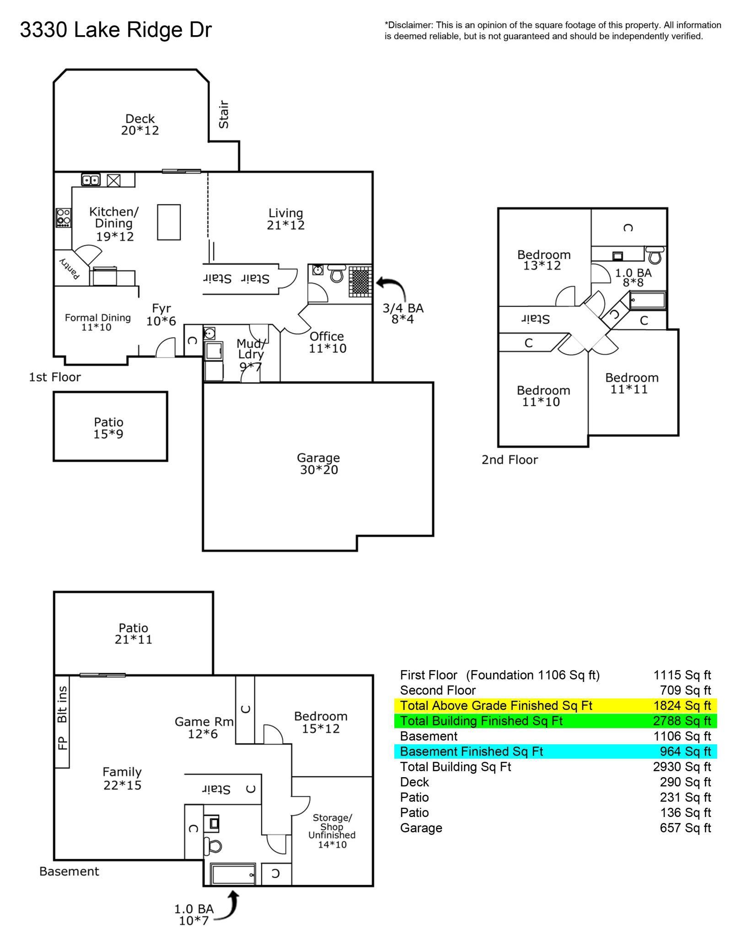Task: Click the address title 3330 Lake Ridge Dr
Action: click(x=116, y=30)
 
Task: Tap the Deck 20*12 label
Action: click(x=140, y=124)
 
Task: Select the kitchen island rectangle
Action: click(x=169, y=222)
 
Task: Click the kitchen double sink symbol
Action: click(x=91, y=180)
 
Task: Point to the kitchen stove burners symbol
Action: click(x=63, y=217)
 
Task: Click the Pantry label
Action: click(x=70, y=268)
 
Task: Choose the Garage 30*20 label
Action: click(x=319, y=464)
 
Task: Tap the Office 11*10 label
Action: click(x=327, y=342)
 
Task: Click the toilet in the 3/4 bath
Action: click(x=337, y=274)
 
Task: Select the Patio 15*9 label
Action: click(x=108, y=427)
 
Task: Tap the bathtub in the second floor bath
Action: click(x=647, y=301)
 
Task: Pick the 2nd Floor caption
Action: click(x=510, y=460)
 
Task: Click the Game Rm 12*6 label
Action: click(x=204, y=727)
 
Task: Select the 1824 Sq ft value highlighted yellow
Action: click(x=681, y=705)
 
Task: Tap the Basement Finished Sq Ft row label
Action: click(x=471, y=751)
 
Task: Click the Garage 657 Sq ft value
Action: click(x=685, y=828)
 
